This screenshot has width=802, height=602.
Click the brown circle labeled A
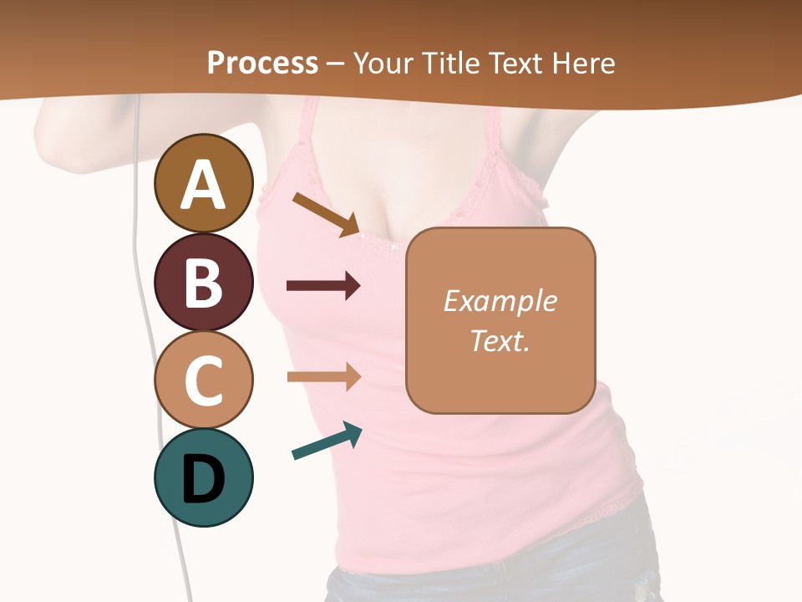coord(203,183)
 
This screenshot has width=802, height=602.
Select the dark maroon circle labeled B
coord(203,282)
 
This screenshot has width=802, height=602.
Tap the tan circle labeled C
coord(203,380)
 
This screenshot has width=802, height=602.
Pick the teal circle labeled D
coord(203,477)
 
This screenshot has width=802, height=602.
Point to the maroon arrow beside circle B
coord(323,286)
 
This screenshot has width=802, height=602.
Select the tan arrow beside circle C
coord(323,377)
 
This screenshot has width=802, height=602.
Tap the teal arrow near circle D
coord(327,441)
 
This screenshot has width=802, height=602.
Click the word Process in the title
coord(262,64)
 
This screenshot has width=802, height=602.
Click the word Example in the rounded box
coord(500,301)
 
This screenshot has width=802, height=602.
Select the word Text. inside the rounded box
coord(500,340)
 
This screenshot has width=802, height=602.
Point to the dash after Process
coord(335,64)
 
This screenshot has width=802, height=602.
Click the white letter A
coord(203,185)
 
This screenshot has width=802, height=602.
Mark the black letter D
coord(203,479)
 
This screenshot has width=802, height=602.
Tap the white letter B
coord(203,283)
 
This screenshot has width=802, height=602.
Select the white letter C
coord(203,380)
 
